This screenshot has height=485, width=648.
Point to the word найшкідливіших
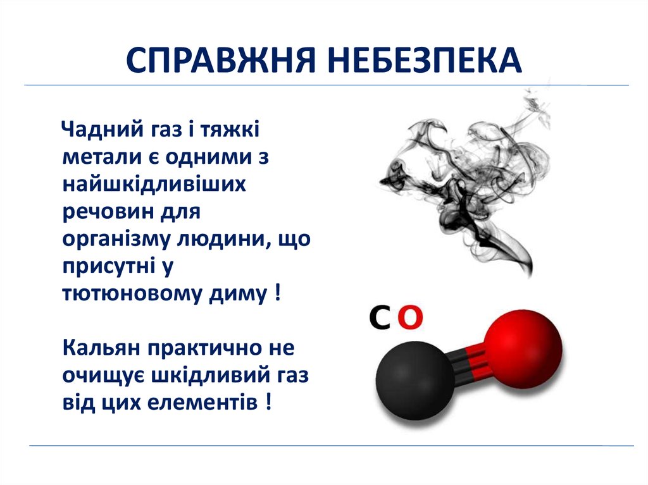click(154, 185)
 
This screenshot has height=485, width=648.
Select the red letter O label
click(411, 318)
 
